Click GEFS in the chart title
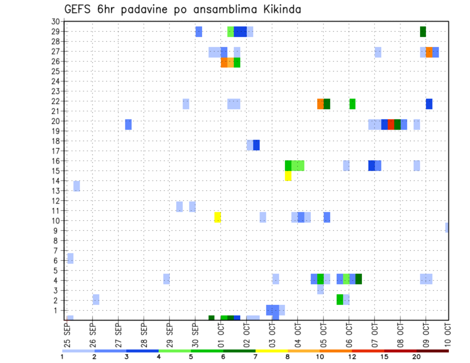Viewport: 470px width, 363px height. [x=77, y=9]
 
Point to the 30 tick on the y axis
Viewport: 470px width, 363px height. [x=55, y=22]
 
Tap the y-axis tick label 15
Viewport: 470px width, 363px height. [x=55, y=171]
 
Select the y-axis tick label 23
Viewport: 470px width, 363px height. [x=55, y=91]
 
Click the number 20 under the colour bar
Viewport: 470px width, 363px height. [x=417, y=357]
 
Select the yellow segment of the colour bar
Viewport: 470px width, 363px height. [x=271, y=351]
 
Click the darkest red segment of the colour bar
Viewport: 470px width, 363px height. [x=433, y=351]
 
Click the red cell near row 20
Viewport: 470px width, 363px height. [x=391, y=124]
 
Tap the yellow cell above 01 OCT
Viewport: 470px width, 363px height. [x=217, y=217]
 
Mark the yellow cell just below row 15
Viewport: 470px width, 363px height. [x=288, y=176]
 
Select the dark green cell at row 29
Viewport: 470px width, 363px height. [x=423, y=31]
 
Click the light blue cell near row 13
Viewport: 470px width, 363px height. [x=76, y=186]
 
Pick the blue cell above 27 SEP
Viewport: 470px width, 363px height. [x=128, y=124]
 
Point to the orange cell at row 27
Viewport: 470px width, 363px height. [x=429, y=52]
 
